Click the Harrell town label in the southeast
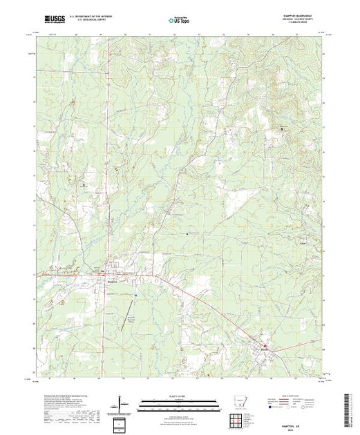[267, 350]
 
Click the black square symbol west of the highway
[84, 184]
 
